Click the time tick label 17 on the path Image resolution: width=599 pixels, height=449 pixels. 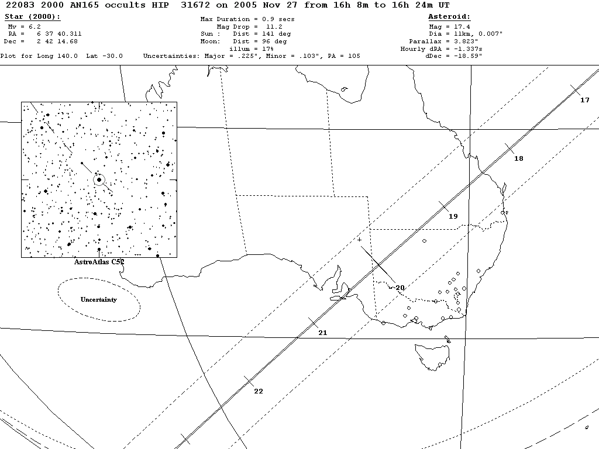[x=584, y=100]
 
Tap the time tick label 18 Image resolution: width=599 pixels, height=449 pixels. [x=518, y=158]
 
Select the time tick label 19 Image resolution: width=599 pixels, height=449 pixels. [x=453, y=216]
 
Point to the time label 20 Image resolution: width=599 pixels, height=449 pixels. [x=400, y=288]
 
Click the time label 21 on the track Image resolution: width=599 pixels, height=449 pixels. [x=322, y=333]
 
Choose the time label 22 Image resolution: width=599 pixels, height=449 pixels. [x=258, y=391]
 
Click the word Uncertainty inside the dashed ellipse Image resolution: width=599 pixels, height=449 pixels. [x=98, y=299]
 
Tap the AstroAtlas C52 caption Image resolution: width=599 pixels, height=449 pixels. [x=99, y=262]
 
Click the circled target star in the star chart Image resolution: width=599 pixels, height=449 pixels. [x=99, y=180]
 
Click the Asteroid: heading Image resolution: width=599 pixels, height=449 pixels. [x=449, y=17]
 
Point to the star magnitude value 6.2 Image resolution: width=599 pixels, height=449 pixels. [x=33, y=27]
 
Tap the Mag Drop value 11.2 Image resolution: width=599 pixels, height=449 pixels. [x=274, y=27]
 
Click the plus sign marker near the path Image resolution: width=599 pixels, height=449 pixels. [x=359, y=239]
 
